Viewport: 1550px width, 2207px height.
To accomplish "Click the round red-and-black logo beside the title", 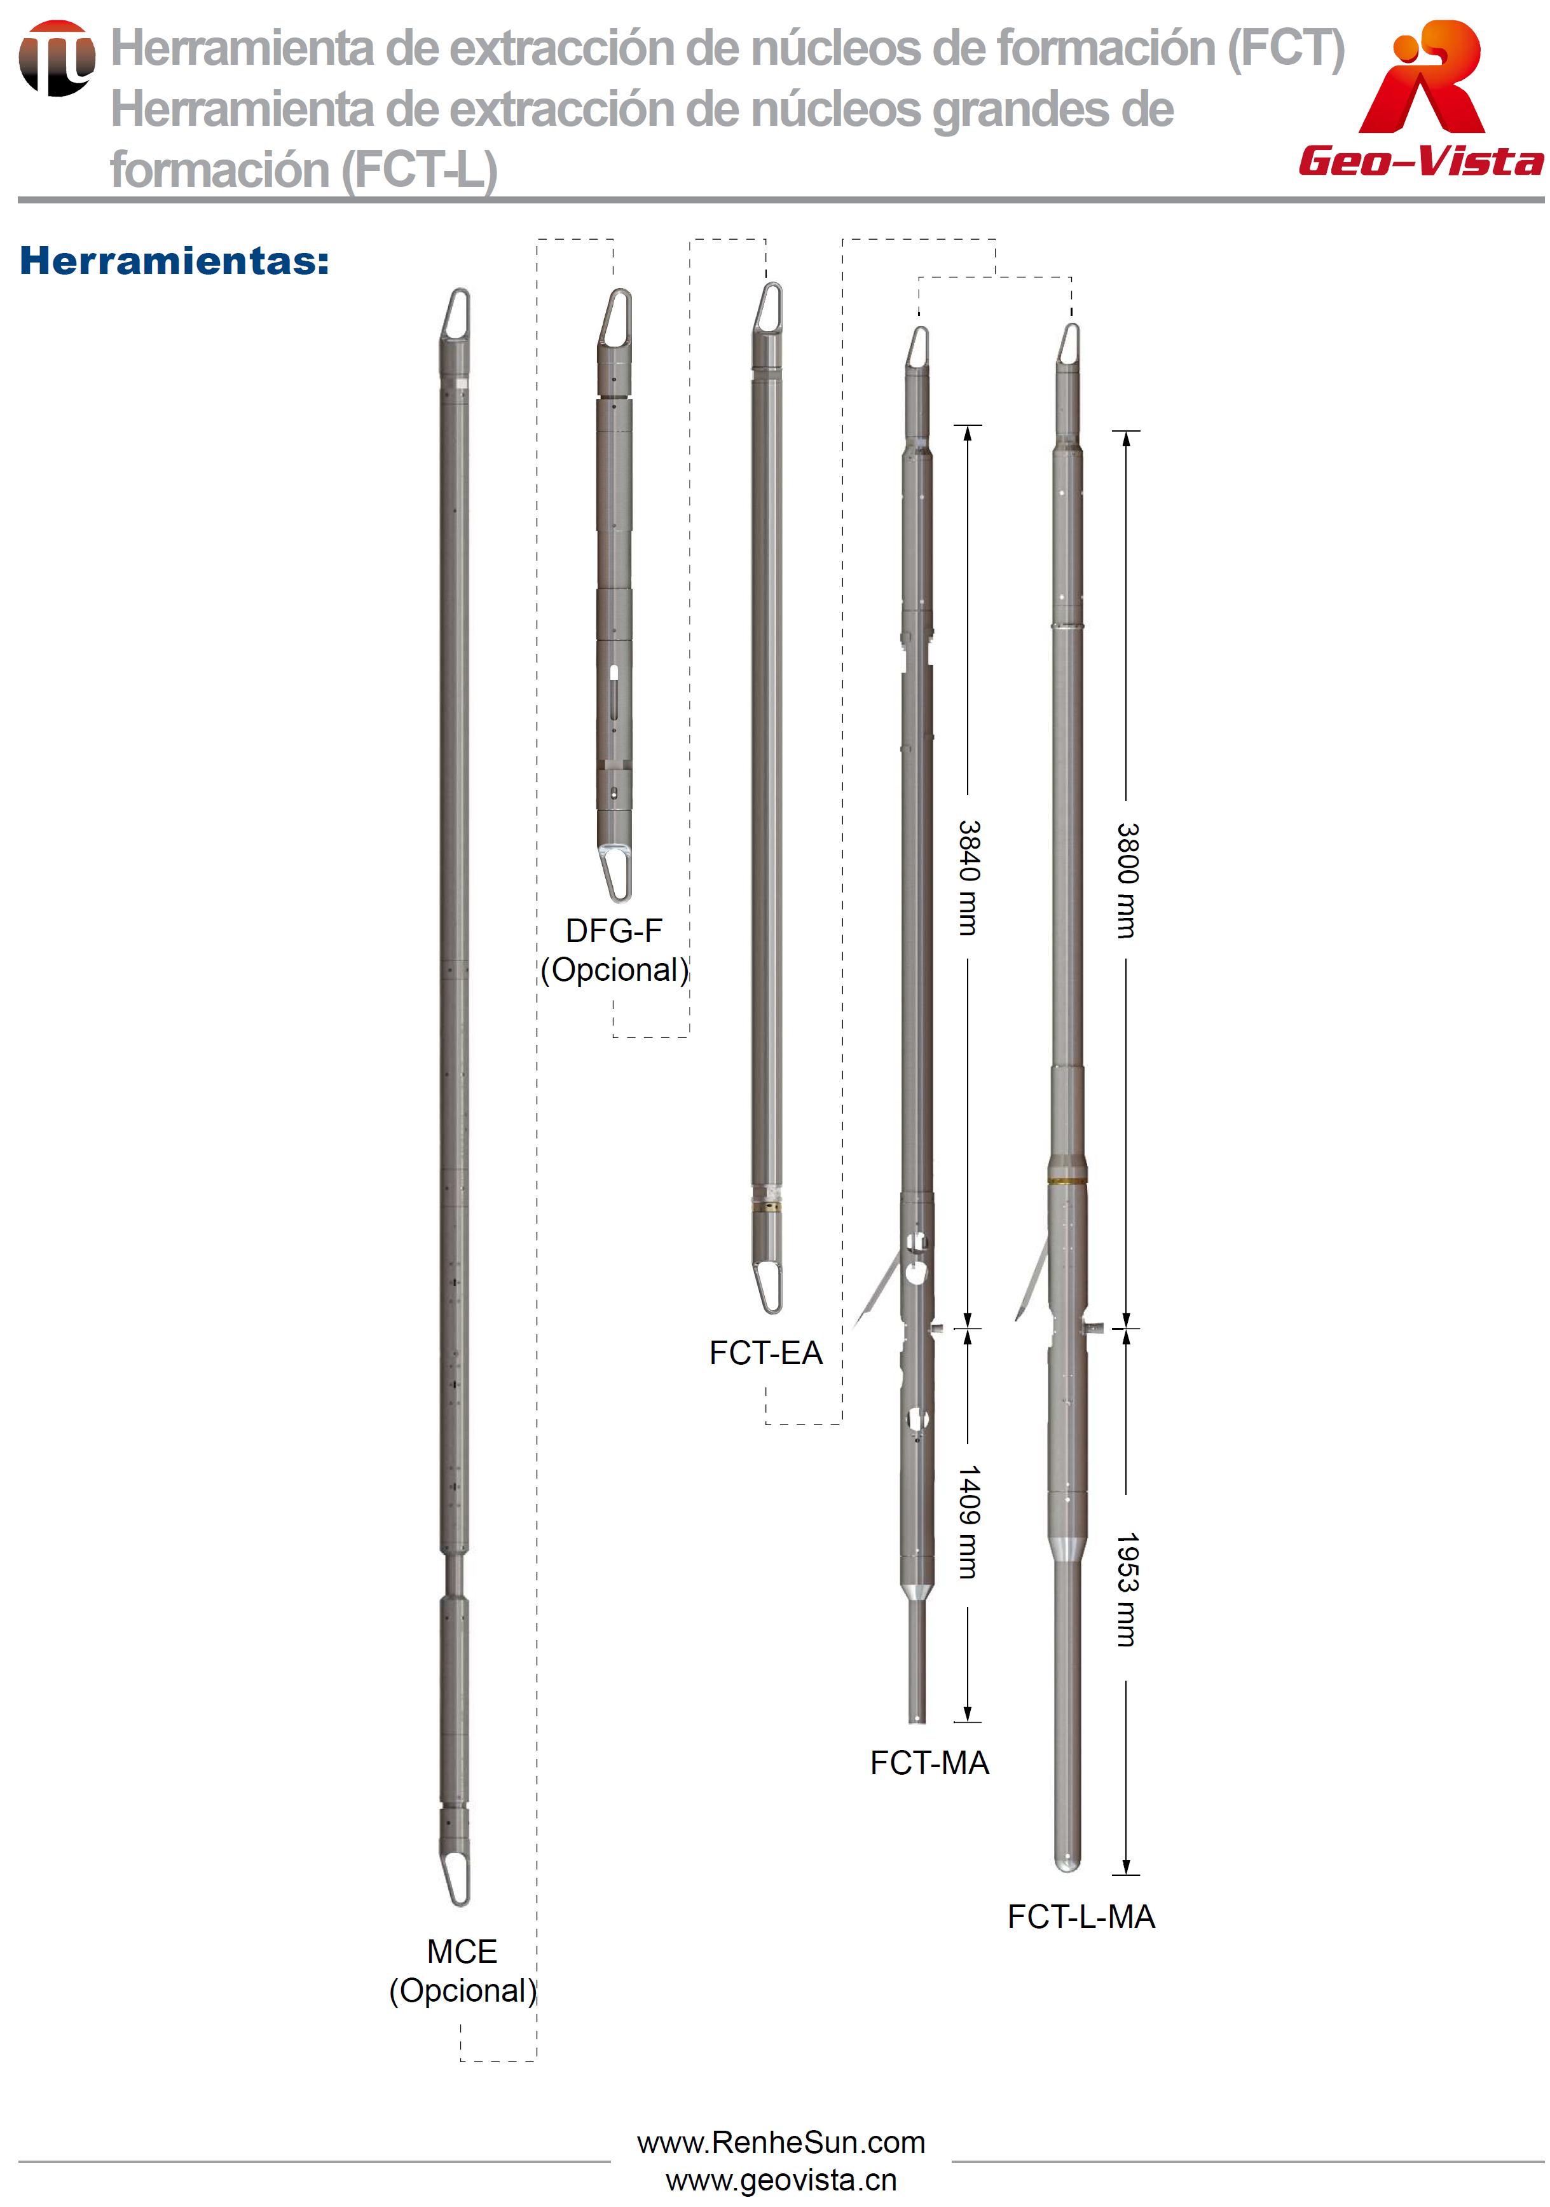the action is [x=57, y=58].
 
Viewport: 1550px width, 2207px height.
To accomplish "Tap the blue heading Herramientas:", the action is [x=174, y=261].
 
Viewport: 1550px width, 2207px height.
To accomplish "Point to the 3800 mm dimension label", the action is [x=1127, y=880].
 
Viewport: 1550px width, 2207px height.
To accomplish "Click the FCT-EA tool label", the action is [x=766, y=1353].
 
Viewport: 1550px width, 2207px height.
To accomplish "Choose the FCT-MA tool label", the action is [x=929, y=1762].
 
